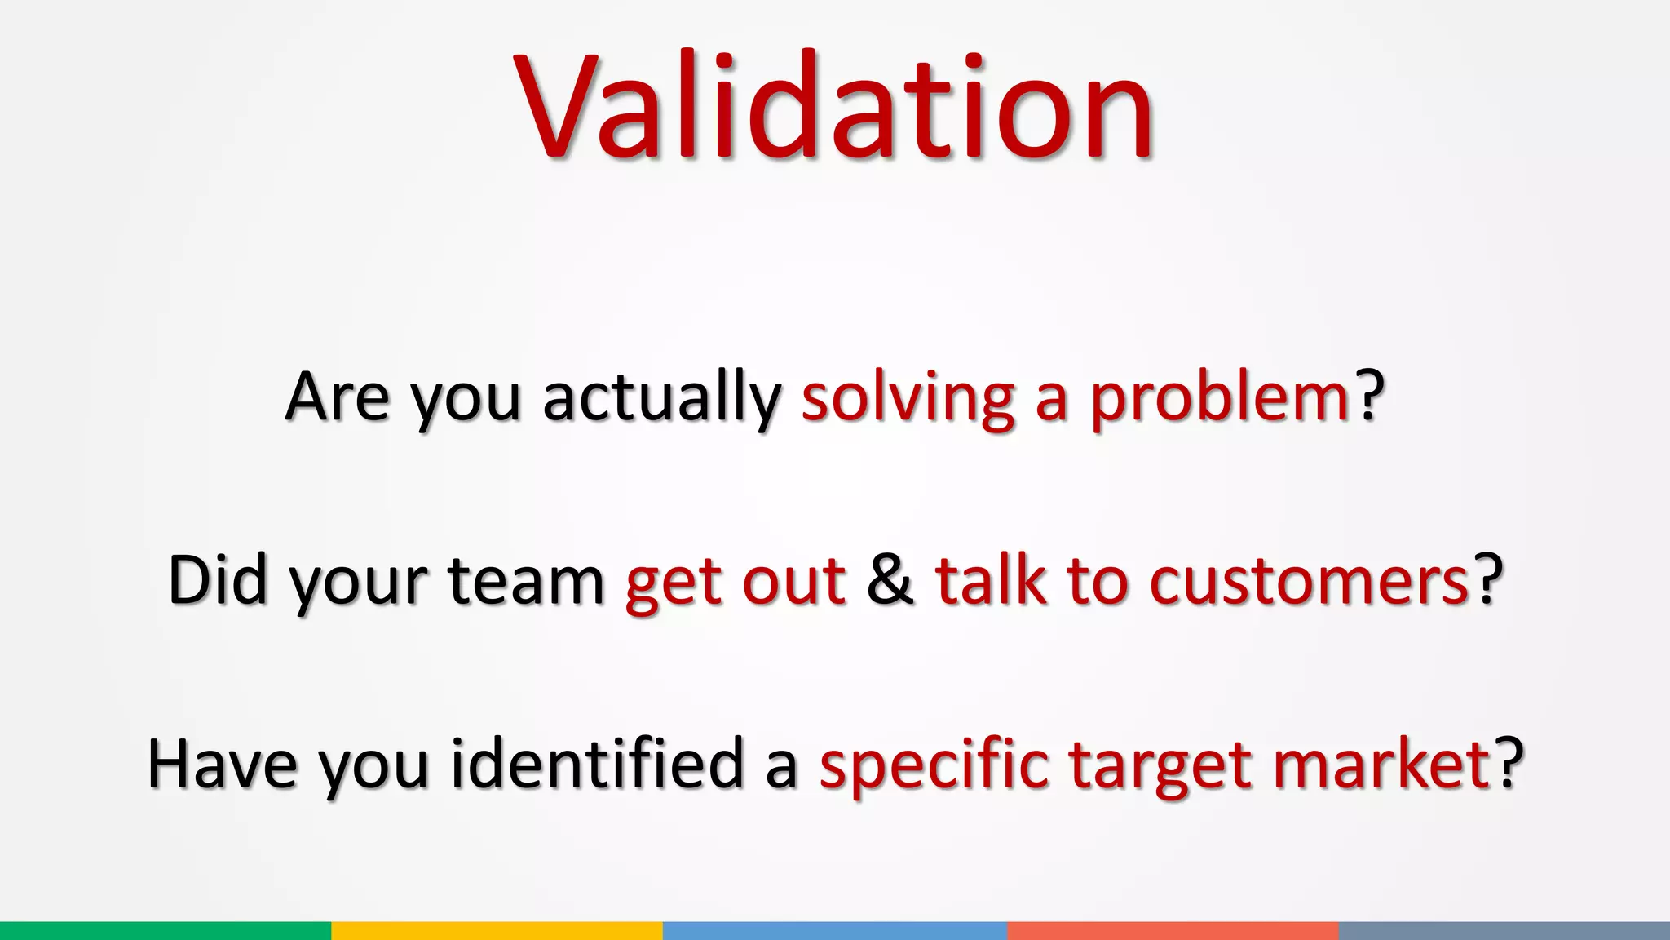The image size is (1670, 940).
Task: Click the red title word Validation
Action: [x=833, y=106]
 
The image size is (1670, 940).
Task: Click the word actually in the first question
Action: [x=661, y=397]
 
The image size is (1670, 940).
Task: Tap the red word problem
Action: [x=1220, y=397]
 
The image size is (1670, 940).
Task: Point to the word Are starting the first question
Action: [x=337, y=397]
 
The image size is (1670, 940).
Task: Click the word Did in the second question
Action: [x=217, y=580]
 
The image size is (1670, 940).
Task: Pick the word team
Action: [x=526, y=580]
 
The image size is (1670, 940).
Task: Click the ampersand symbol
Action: [x=890, y=580]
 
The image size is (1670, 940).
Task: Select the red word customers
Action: [x=1310, y=580]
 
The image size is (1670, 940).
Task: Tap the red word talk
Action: [x=990, y=580]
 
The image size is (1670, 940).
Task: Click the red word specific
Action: [x=934, y=764]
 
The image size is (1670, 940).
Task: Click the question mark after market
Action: [x=1509, y=764]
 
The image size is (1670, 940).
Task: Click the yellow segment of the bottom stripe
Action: [x=497, y=930]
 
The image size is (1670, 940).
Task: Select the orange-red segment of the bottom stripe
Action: [x=1173, y=930]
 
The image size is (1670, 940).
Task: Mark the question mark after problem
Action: [x=1371, y=397]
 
